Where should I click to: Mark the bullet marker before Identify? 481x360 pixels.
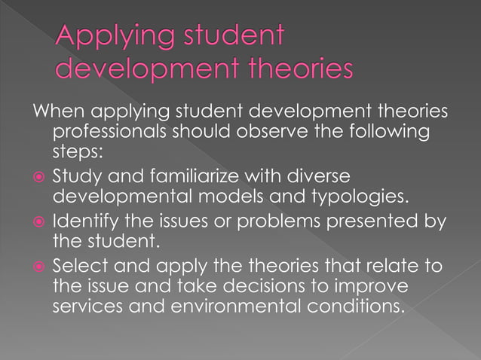tap(38, 222)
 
